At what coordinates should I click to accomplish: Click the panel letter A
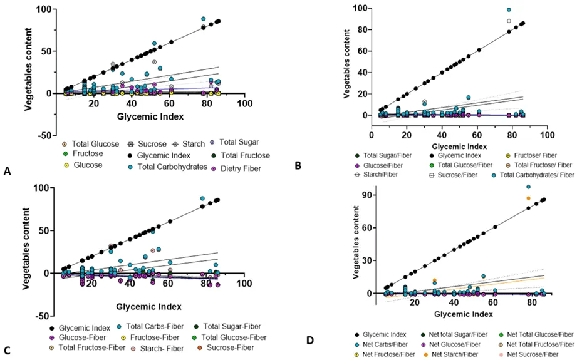click(7, 171)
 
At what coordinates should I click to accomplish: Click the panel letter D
click(310, 341)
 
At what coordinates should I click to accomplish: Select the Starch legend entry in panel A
click(189, 144)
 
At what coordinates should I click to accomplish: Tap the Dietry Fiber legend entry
click(236, 168)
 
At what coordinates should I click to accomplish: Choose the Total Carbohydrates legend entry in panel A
click(167, 167)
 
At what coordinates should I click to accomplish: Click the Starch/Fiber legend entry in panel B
click(376, 174)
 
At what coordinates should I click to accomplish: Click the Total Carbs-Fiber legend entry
click(153, 326)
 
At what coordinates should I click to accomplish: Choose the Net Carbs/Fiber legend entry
click(382, 344)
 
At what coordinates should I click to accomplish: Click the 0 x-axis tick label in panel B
click(372, 135)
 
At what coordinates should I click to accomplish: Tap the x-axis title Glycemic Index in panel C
click(148, 306)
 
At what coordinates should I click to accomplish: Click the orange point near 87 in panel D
click(528, 198)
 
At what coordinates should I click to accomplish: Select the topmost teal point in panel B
click(509, 10)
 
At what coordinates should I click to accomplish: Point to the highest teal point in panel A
click(203, 19)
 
